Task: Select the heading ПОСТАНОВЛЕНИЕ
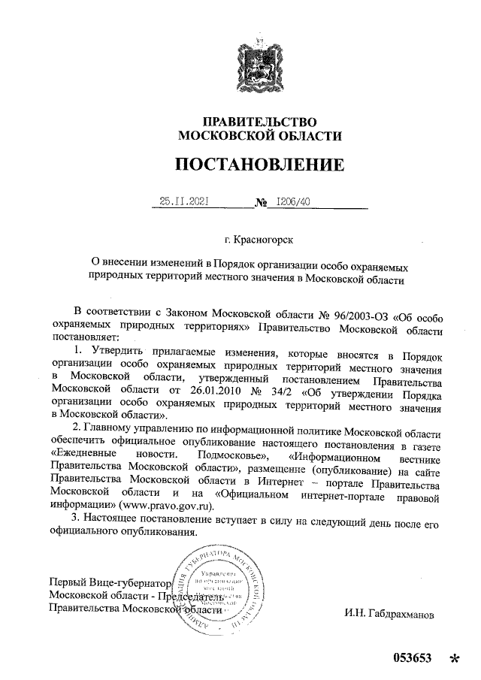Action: [259, 164]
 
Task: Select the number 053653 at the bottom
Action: [412, 659]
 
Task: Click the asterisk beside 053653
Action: [453, 660]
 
